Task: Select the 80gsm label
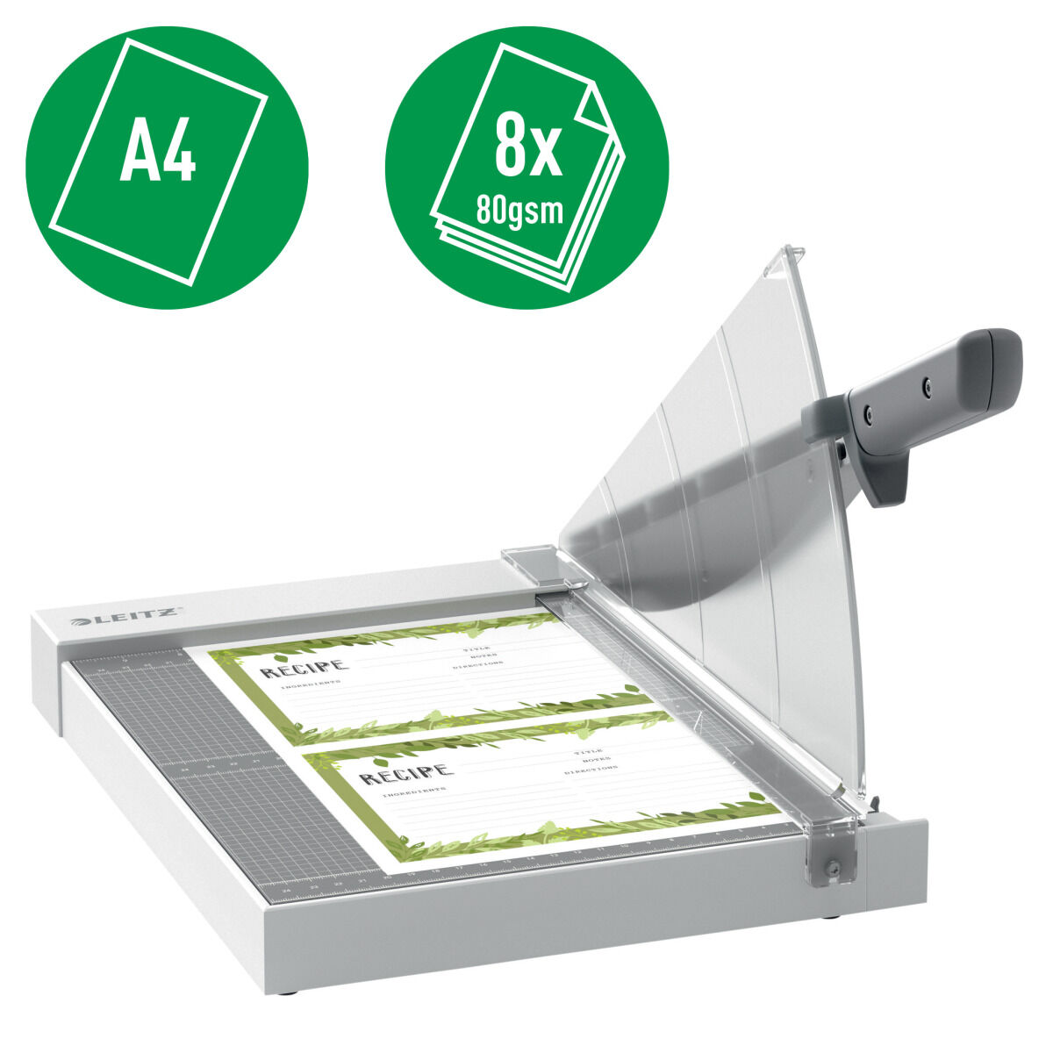pyautogui.click(x=519, y=211)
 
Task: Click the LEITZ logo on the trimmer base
pyautogui.click(x=126, y=619)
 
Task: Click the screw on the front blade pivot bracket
pyautogui.click(x=834, y=867)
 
